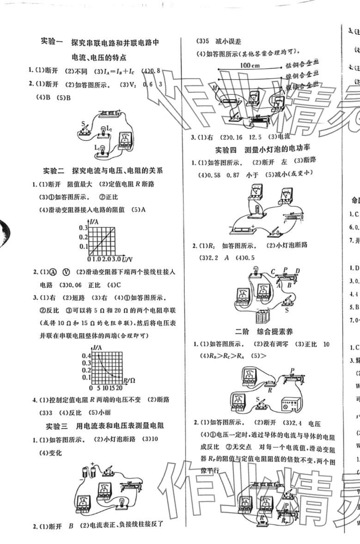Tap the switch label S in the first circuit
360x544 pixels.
[83, 124]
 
